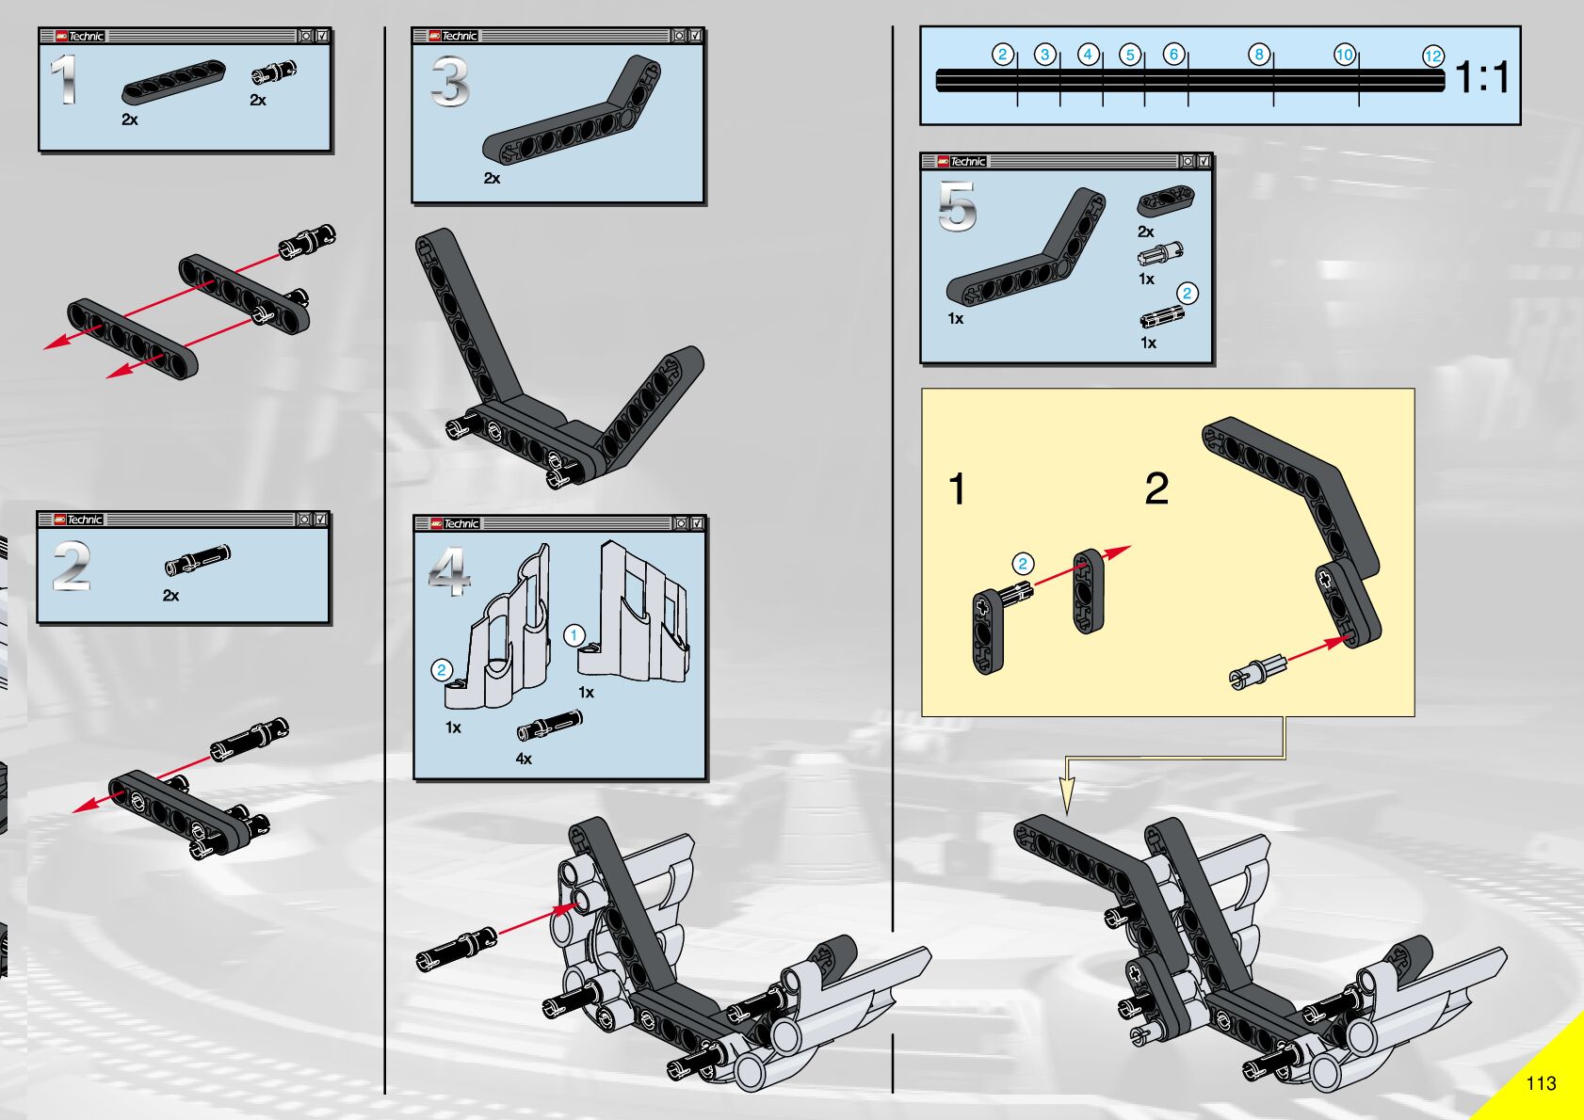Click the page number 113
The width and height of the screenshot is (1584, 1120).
click(1541, 1083)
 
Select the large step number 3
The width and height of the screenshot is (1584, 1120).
click(450, 82)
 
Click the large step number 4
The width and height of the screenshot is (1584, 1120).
click(449, 571)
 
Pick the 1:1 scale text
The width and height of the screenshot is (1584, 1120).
click(1482, 77)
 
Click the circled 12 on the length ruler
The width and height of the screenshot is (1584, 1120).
click(1432, 56)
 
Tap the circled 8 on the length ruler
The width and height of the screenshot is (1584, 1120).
click(1258, 55)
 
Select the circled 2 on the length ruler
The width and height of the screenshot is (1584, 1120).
click(1003, 55)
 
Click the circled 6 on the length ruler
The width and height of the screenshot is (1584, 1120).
click(1173, 55)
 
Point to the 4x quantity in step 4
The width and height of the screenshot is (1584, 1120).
click(524, 759)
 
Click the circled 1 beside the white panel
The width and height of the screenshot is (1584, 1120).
click(574, 635)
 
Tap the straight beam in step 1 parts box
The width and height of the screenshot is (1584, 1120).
click(173, 82)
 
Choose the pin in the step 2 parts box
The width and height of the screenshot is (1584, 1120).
click(197, 560)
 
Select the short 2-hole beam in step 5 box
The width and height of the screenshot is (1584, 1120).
click(1166, 200)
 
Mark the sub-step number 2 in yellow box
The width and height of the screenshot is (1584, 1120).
click(1156, 488)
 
